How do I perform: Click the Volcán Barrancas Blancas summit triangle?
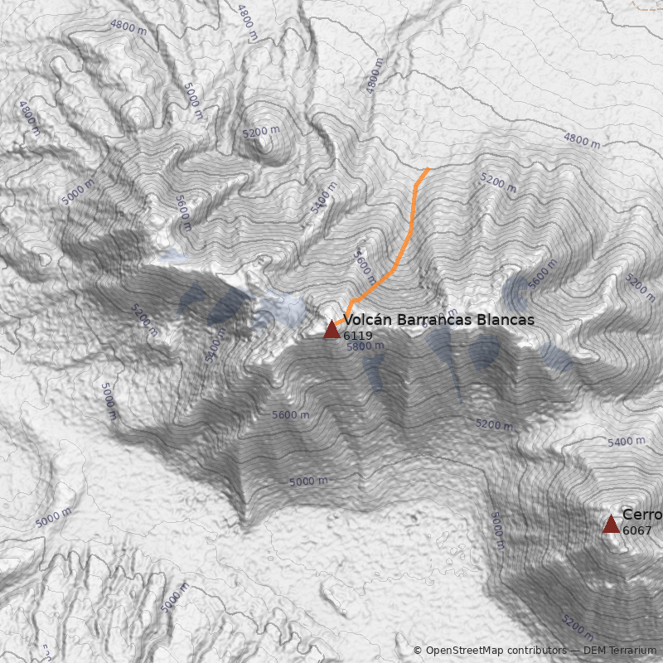331,330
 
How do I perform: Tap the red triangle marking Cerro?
611,524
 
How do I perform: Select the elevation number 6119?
358,336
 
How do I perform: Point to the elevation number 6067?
637,530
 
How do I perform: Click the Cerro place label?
642,515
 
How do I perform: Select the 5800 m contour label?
365,347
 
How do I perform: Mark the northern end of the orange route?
428,169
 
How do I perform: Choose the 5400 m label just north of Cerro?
626,442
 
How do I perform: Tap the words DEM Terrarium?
619,651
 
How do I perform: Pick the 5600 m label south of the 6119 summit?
290,415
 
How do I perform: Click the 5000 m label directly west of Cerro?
496,530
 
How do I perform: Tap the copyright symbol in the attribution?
418,651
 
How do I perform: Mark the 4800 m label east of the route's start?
581,139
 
